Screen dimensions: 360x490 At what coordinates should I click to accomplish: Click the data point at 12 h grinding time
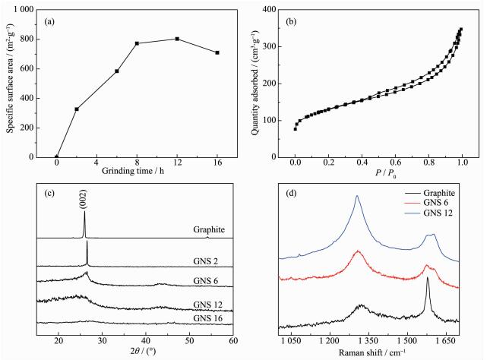pos(177,39)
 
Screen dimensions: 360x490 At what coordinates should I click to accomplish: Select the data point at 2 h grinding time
pos(77,109)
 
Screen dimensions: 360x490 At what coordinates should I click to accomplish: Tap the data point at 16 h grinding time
pos(217,52)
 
